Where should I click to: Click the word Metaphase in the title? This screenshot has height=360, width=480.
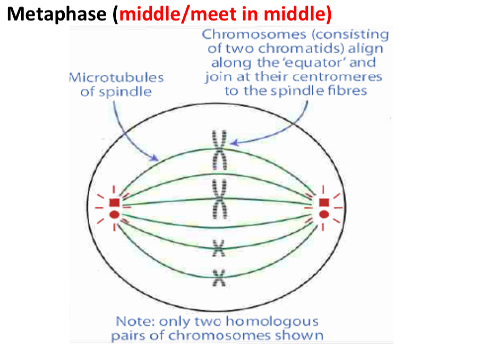click(x=57, y=14)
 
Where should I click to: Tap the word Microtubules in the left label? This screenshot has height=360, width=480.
click(x=116, y=77)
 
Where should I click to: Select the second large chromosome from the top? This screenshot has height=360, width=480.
click(x=220, y=197)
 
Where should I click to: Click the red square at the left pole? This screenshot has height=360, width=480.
click(x=114, y=202)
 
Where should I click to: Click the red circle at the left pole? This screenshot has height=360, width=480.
click(x=114, y=215)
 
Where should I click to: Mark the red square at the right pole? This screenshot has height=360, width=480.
click(x=324, y=202)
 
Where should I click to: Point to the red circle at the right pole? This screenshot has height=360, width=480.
click(x=324, y=215)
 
